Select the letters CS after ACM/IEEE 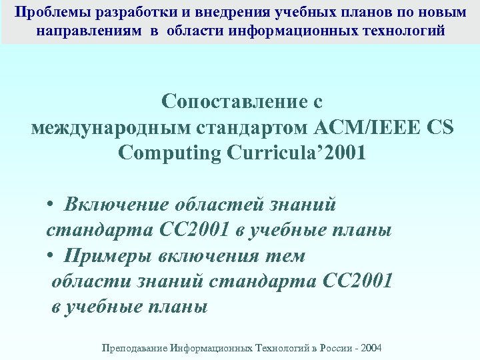click(439, 127)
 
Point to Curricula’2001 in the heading click(297, 153)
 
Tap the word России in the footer click(340, 348)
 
